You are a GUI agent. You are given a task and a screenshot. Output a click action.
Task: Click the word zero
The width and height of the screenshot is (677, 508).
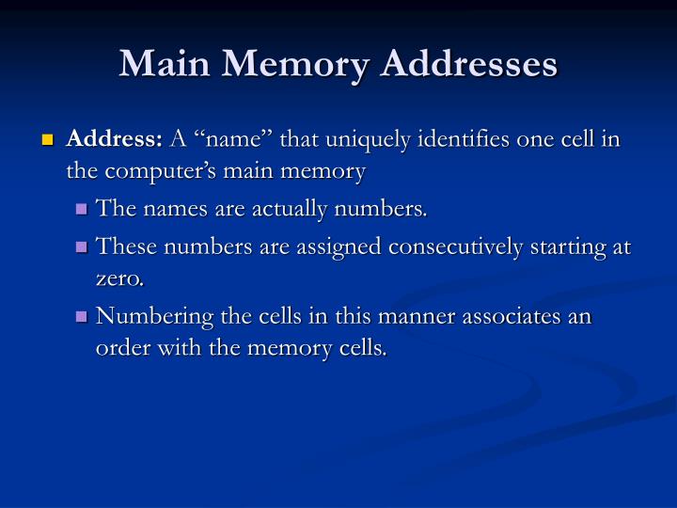[119, 278]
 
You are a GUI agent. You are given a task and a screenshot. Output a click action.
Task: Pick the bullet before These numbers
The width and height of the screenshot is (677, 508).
[82, 247]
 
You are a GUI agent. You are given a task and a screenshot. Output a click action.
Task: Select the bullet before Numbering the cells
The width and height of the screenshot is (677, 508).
[82, 317]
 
